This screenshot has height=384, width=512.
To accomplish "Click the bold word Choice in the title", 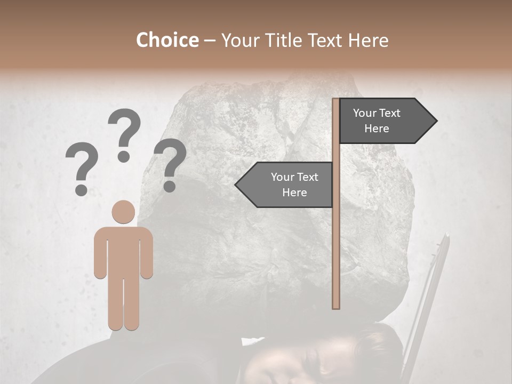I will (x=167, y=40).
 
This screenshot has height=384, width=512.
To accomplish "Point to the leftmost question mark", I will (x=82, y=165).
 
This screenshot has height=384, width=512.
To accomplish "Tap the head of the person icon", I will (x=123, y=212).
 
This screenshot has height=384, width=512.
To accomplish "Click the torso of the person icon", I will (x=123, y=251).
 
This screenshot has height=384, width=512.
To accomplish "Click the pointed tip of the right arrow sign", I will (x=435, y=121).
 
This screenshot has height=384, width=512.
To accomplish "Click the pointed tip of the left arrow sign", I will (x=237, y=185).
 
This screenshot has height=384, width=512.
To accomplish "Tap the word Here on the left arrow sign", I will (x=294, y=193).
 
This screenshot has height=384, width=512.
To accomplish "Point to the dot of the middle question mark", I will (x=124, y=156).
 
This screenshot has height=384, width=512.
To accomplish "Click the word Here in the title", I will (x=369, y=40).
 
